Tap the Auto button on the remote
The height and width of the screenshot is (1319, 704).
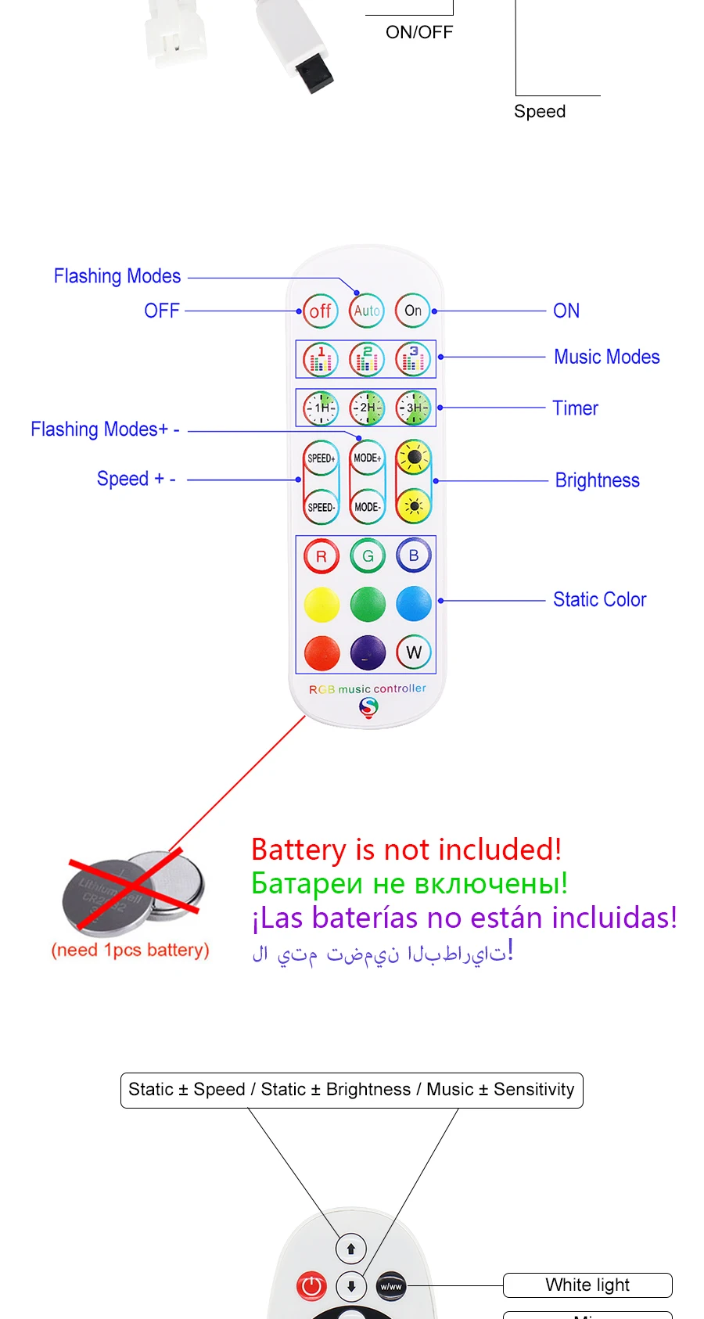[367, 311]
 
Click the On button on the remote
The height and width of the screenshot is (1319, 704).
[413, 311]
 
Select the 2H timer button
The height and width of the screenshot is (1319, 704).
[367, 408]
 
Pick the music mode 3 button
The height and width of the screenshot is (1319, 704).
[413, 359]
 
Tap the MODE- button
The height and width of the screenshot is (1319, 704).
[367, 507]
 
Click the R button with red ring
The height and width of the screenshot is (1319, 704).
[321, 556]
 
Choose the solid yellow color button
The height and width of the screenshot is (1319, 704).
[321, 604]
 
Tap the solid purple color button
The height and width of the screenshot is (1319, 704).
[368, 652]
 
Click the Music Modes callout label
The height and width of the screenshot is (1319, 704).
[606, 358]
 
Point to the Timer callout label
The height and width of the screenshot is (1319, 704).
[575, 408]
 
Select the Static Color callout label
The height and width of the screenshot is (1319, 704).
[599, 600]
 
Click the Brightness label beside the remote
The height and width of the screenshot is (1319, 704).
[597, 480]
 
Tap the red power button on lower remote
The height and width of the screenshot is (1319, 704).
[311, 1285]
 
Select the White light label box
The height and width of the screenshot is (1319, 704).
[587, 1285]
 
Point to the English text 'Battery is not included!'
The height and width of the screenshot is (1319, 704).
[406, 850]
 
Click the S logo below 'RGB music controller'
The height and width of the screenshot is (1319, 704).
[368, 707]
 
